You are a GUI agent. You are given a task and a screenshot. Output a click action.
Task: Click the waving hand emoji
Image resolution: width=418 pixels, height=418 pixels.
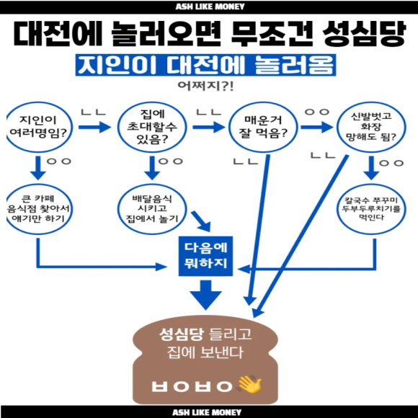point(250,384)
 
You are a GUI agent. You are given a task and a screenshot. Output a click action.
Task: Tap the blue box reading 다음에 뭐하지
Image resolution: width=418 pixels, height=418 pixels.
point(205,256)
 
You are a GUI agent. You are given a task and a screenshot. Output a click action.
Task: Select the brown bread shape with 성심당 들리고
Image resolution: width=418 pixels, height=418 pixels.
point(205,360)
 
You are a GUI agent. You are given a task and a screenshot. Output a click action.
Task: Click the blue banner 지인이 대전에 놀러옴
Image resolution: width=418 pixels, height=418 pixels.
point(205,65)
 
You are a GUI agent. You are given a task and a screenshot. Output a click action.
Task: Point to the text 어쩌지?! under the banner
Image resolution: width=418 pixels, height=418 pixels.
point(205,86)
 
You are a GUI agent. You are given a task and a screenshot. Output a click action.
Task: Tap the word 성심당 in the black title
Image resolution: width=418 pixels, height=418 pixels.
point(364,34)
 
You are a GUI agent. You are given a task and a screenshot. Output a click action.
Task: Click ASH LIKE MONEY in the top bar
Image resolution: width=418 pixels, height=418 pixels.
point(210,6)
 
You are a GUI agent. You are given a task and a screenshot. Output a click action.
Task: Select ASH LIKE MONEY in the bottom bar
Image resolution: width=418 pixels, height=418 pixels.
point(207,412)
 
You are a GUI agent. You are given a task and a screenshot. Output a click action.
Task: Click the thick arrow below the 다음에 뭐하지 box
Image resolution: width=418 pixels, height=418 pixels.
point(205,295)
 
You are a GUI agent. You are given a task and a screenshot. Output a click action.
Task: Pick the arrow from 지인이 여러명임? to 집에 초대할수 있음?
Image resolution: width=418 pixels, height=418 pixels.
point(94,127)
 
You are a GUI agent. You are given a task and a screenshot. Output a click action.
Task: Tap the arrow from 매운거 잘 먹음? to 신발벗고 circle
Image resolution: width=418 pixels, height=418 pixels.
point(316,127)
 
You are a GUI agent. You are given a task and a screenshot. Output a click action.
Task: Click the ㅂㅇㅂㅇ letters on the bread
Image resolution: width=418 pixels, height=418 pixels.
point(192,386)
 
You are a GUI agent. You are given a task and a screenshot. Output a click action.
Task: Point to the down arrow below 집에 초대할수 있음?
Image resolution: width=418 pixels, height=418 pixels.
point(152,168)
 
